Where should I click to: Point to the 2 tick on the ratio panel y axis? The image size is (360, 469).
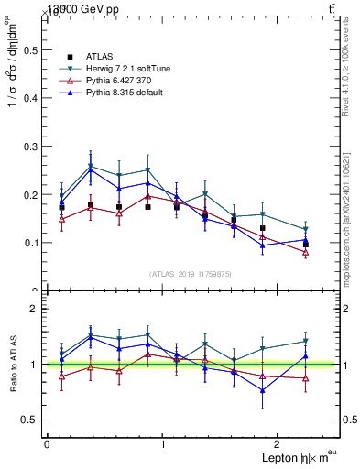[37, 309]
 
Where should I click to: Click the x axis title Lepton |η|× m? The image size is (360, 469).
[294, 457]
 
